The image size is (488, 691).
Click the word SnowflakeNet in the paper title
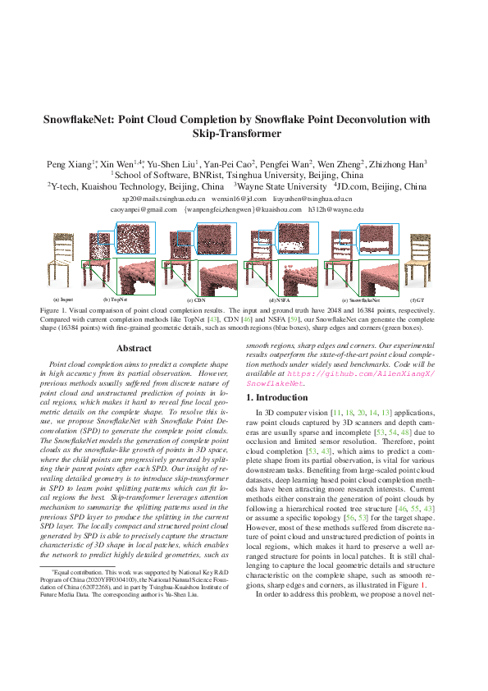pyautogui.click(x=84, y=119)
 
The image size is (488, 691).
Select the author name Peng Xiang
pyautogui.click(x=90, y=163)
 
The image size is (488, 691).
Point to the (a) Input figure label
pyautogui.click(x=62, y=300)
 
